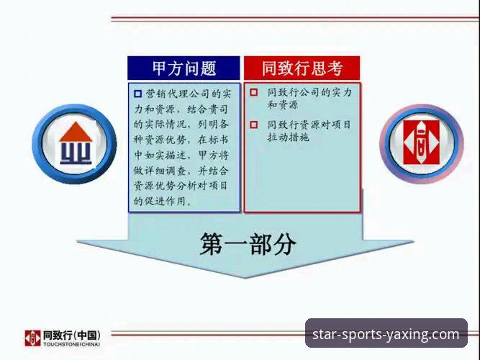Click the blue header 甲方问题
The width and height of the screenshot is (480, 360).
pos(184,68)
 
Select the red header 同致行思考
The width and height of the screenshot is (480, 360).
pos(302,68)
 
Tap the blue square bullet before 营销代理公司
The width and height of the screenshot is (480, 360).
pos(138,94)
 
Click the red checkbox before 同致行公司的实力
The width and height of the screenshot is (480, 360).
pos(253,93)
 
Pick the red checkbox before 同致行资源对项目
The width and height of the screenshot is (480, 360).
pos(253,125)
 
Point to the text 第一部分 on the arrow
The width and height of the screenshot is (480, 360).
pos(248,245)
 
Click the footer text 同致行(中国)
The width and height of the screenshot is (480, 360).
pos(71,335)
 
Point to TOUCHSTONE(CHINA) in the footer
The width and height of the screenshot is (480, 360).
pos(71,344)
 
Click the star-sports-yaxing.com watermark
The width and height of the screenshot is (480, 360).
pos(386,334)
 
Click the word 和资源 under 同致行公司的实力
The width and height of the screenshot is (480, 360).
pos(283,105)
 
